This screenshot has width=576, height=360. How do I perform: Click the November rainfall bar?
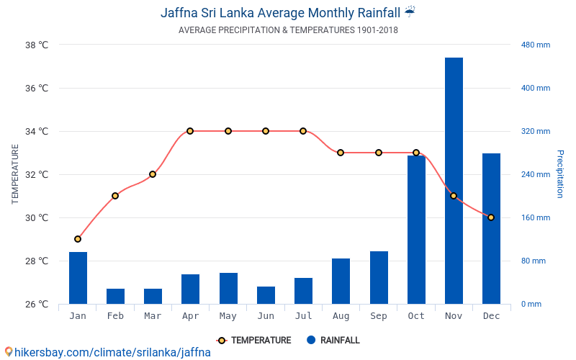(x=454, y=180)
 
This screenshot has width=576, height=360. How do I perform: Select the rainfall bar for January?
(x=78, y=278)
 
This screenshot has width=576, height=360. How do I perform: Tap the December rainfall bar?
(x=491, y=228)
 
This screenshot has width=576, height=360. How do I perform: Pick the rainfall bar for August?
(x=341, y=281)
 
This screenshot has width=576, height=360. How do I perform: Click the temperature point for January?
(x=78, y=239)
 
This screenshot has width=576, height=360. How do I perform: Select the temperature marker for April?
(x=190, y=131)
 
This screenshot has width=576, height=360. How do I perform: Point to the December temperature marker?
(x=491, y=217)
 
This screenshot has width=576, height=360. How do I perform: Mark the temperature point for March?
(x=153, y=174)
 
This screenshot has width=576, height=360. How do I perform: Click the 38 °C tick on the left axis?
(x=37, y=45)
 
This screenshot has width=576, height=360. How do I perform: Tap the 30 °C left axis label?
(x=37, y=217)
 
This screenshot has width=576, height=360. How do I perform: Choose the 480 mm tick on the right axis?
(x=535, y=45)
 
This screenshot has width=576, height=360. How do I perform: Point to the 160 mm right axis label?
(x=535, y=217)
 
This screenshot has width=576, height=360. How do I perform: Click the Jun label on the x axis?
(x=266, y=316)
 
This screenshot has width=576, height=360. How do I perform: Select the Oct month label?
(x=416, y=316)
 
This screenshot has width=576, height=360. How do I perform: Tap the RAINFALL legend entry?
(x=333, y=341)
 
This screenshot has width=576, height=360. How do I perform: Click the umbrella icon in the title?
(x=410, y=12)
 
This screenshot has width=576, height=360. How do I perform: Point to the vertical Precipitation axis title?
(x=560, y=174)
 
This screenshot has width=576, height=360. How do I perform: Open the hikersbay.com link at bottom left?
(x=108, y=353)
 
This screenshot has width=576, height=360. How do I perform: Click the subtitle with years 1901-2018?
(x=288, y=30)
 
